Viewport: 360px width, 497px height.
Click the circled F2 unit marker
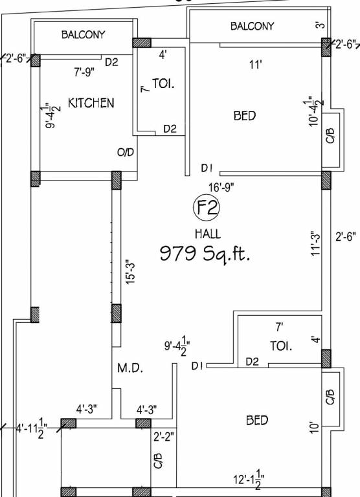pyautogui.click(x=207, y=208)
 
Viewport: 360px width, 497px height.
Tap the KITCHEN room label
pyautogui.click(x=91, y=103)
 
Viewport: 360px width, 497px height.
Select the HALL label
pyautogui.click(x=208, y=234)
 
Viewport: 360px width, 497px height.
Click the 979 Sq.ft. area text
pyautogui.click(x=205, y=254)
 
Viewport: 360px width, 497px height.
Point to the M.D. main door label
pyautogui.click(x=130, y=368)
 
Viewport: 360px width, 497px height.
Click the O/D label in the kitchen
pyautogui.click(x=126, y=153)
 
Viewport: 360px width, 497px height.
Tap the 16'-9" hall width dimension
pyautogui.click(x=221, y=187)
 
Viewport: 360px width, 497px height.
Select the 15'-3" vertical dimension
pyautogui.click(x=131, y=272)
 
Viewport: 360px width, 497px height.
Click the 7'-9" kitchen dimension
pyautogui.click(x=84, y=72)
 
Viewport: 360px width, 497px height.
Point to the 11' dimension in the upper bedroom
pyautogui.click(x=255, y=65)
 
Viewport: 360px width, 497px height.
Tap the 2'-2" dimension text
pyautogui.click(x=164, y=437)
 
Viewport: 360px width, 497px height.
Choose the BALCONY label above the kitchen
pyautogui.click(x=83, y=34)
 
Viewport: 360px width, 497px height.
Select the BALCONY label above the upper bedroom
pyautogui.click(x=252, y=26)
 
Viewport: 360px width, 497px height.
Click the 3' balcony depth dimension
pyautogui.click(x=321, y=25)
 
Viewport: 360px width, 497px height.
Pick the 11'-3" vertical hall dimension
pyautogui.click(x=315, y=245)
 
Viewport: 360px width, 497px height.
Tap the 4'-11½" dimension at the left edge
pyautogui.click(x=31, y=428)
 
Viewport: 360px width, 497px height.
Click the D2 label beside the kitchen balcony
pyautogui.click(x=111, y=62)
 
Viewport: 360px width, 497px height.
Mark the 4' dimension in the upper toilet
pyautogui.click(x=163, y=55)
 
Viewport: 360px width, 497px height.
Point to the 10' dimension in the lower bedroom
pyautogui.click(x=314, y=427)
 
